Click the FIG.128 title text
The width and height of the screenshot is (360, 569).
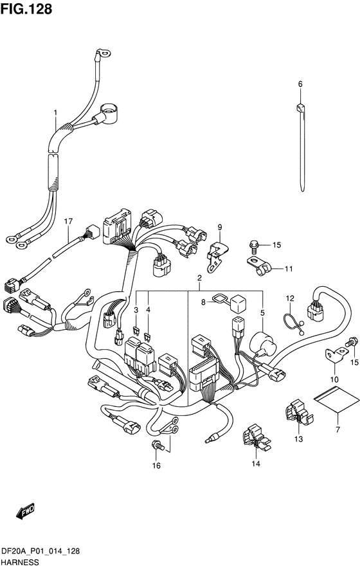pyautogui.click(x=26, y=9)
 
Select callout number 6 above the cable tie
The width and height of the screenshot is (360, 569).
pyautogui.click(x=300, y=84)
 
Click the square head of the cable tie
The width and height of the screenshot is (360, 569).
pyautogui.click(x=300, y=108)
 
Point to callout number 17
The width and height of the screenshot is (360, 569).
pyautogui.click(x=69, y=221)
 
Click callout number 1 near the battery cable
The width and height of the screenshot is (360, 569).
pyautogui.click(x=55, y=113)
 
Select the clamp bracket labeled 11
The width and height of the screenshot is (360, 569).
pyautogui.click(x=258, y=266)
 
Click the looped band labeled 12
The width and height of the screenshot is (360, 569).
pyautogui.click(x=293, y=323)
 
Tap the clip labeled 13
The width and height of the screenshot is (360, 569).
pyautogui.click(x=299, y=415)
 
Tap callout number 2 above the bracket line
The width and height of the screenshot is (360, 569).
pyautogui.click(x=199, y=278)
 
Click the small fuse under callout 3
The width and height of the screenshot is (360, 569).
pyautogui.click(x=136, y=330)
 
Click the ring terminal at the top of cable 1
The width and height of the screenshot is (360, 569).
pyautogui.click(x=102, y=54)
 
